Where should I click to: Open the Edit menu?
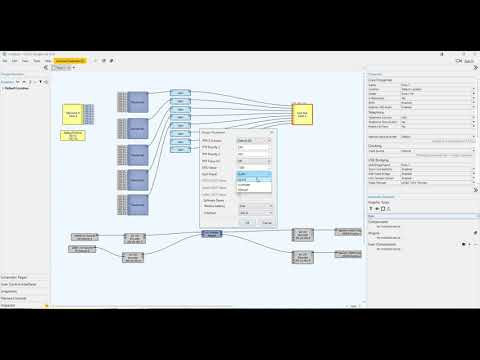pos(19,60)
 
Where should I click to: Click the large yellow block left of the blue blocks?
pos(72,113)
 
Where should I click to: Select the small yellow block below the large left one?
pos(72,136)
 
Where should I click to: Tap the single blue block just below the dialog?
pos(211,233)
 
